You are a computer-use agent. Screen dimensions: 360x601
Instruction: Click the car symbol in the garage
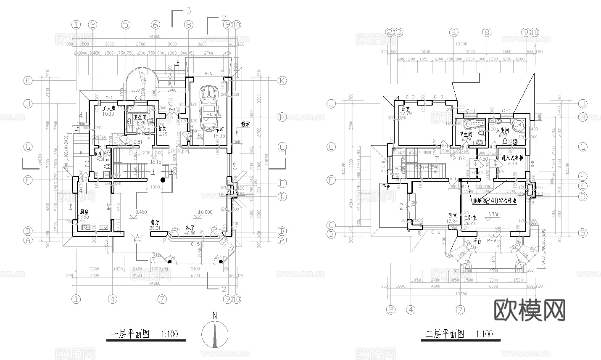click(x=208, y=103)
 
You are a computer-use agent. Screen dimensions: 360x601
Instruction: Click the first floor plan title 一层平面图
click(x=130, y=334)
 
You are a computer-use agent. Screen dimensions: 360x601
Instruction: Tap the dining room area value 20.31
click(x=155, y=228)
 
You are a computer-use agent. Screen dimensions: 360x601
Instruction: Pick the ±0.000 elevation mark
click(x=206, y=212)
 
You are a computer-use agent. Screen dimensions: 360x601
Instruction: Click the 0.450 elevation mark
click(x=141, y=212)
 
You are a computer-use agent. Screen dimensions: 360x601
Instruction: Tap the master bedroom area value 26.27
click(x=469, y=223)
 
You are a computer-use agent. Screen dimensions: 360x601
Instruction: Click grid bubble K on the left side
click(x=28, y=81)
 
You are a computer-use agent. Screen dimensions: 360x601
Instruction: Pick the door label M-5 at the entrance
click(x=137, y=241)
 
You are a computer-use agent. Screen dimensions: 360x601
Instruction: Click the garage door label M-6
click(x=208, y=74)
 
